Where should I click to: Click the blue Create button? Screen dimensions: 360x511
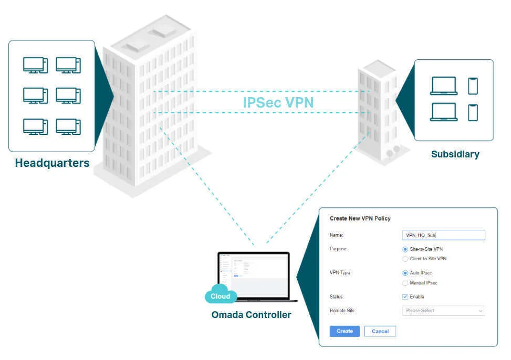pos(345,331)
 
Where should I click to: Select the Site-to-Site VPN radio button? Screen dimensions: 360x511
pos(405,249)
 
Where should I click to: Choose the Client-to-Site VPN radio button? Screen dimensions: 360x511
pos(405,259)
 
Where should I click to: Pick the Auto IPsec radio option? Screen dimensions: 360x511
pos(405,273)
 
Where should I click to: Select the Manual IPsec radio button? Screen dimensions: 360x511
pos(405,283)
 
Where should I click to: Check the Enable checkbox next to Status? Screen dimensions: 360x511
pos(405,297)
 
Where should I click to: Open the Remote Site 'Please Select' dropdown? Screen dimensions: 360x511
pos(443,311)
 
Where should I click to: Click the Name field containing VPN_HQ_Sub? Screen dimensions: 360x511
pos(443,235)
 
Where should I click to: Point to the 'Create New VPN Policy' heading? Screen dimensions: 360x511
pos(360,218)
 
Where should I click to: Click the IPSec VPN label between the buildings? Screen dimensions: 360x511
pos(278,102)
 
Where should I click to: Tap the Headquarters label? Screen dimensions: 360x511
pos(52,163)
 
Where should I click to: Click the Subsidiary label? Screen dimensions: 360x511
pos(455,154)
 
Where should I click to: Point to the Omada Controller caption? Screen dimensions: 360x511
pos(251,315)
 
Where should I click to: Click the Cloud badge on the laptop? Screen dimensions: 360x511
pos(221,296)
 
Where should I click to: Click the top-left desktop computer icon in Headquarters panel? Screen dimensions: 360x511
pos(35,65)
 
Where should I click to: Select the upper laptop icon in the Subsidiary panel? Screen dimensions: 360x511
pos(443,86)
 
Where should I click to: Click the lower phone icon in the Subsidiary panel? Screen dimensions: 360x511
pos(473,112)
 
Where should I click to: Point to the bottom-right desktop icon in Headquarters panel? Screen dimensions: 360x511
pos(68,126)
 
